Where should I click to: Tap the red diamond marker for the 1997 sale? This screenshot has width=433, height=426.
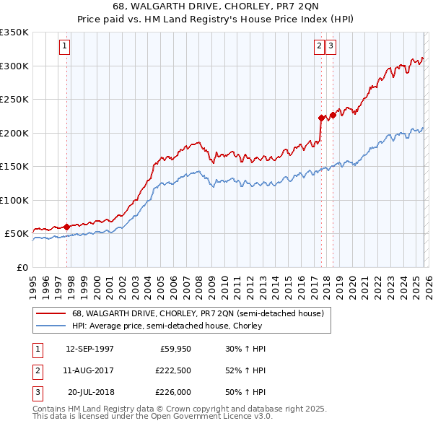click(66, 227)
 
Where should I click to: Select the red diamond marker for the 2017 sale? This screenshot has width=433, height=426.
click(321, 117)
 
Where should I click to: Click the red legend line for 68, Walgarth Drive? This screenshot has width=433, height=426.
click(51, 313)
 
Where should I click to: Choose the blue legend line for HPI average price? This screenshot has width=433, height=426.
click(51, 326)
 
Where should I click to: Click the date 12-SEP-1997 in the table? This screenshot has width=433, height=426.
click(89, 349)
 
